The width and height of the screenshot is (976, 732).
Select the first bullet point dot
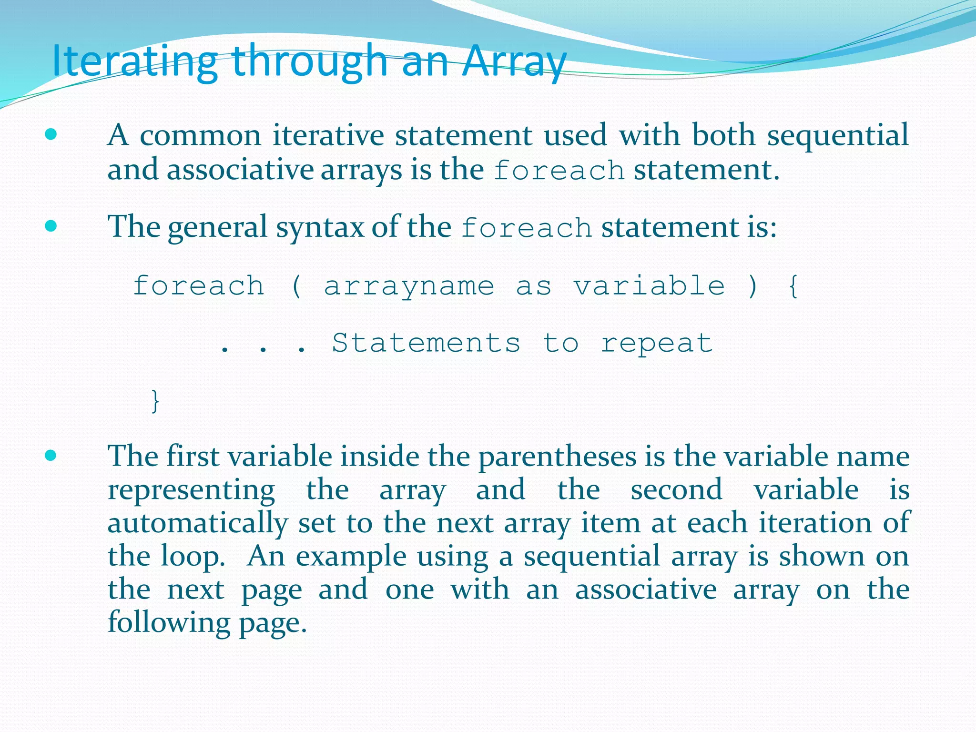click(x=51, y=134)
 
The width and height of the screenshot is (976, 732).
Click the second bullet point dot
click(x=51, y=225)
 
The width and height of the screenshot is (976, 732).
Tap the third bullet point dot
click(x=51, y=456)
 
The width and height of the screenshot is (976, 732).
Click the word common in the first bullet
click(x=200, y=135)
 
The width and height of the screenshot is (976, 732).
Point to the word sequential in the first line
click(x=837, y=135)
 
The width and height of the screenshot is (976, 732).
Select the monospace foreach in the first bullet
click(x=559, y=171)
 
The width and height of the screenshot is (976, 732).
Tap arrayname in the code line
click(x=409, y=286)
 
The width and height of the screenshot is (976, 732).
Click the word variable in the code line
click(x=649, y=286)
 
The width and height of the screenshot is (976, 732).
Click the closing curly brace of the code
click(x=155, y=401)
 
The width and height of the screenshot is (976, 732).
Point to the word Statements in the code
click(x=426, y=343)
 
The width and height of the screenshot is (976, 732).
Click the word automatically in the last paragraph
click(x=197, y=523)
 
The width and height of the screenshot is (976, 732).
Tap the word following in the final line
click(x=169, y=623)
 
